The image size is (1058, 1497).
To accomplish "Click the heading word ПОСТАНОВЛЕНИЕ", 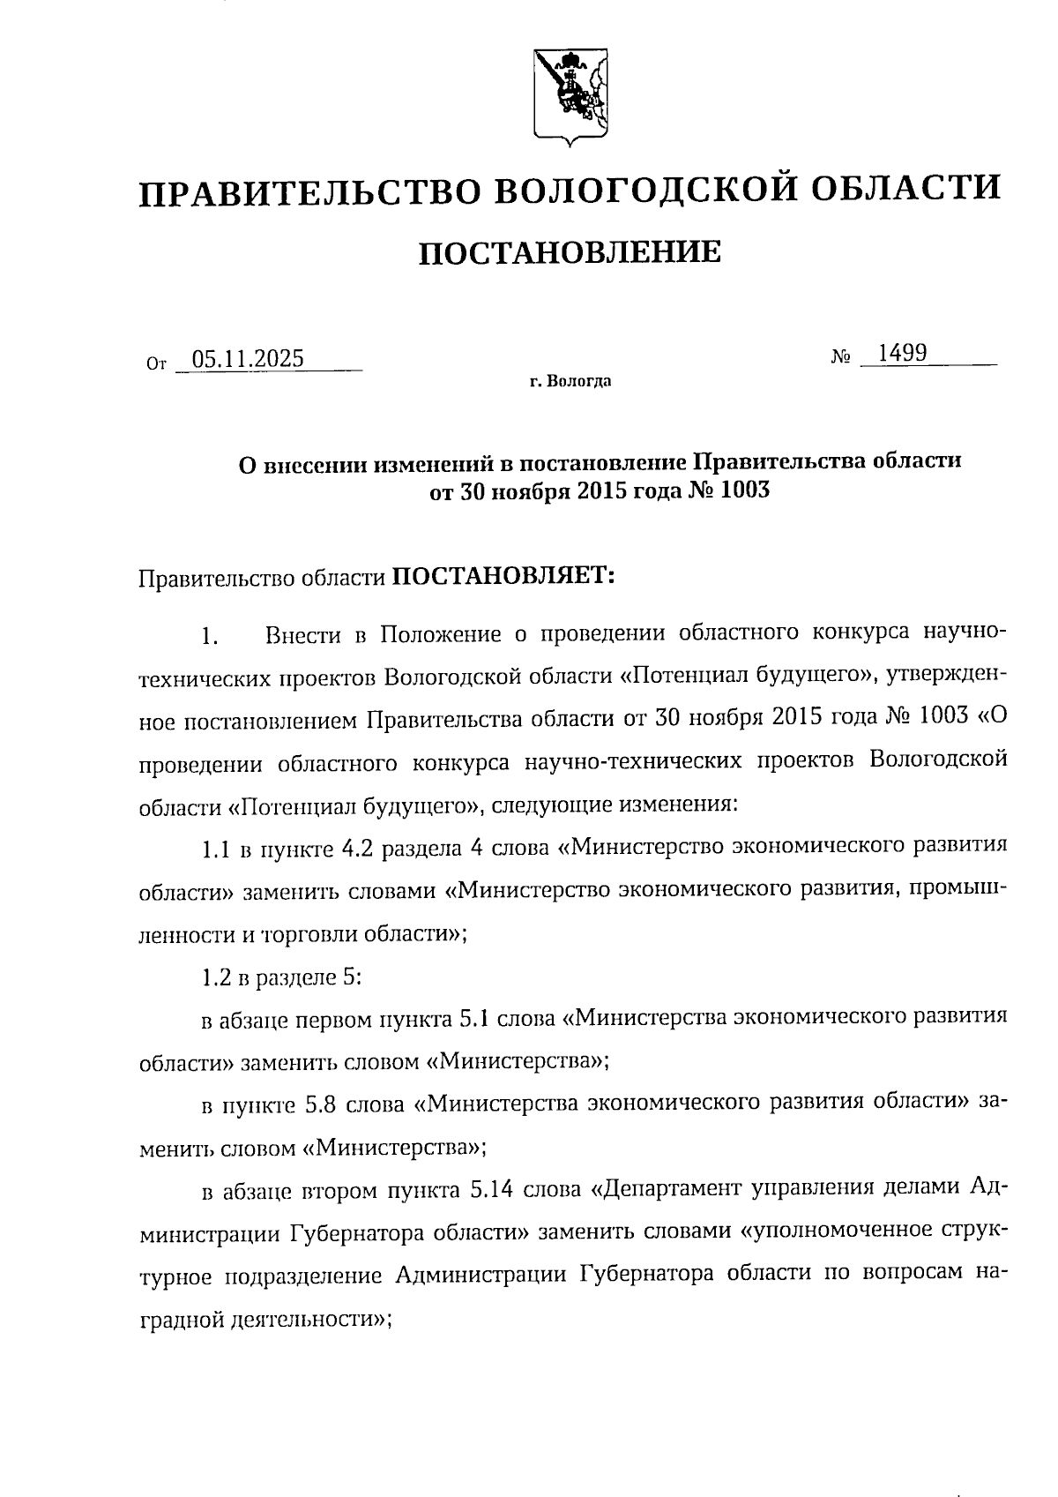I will click(x=569, y=252).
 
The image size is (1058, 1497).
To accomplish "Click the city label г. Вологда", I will click(x=570, y=382).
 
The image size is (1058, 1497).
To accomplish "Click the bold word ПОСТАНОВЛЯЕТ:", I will click(x=503, y=576).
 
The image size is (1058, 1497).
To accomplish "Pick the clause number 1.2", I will click(x=216, y=978).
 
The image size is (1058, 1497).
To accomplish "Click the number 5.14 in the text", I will click(x=492, y=1191).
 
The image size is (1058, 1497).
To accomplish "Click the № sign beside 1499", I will click(x=840, y=357).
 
